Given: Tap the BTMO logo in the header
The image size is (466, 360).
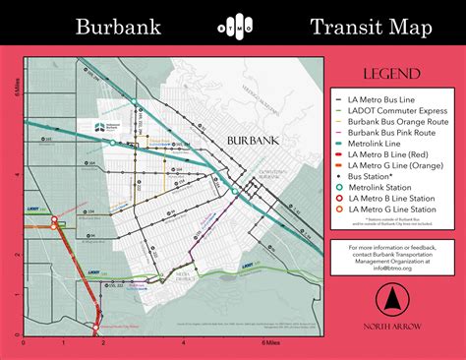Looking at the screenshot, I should click(233, 28).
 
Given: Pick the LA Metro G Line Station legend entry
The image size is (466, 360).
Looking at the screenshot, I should click(397, 209).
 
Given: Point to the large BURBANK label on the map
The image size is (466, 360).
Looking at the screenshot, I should click(254, 142).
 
